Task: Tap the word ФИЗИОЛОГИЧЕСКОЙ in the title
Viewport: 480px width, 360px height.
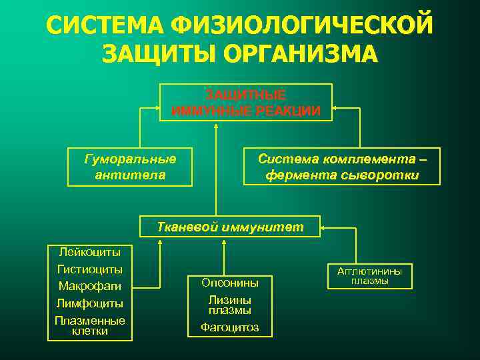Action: click(x=301, y=25)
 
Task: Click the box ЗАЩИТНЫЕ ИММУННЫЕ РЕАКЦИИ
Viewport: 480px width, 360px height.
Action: click(x=246, y=102)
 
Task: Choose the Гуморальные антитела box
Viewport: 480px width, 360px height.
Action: click(x=130, y=167)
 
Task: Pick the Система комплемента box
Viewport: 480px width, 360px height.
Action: click(x=341, y=167)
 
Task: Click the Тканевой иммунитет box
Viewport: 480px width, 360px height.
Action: click(x=229, y=227)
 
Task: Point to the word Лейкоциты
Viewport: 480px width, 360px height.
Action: click(x=90, y=253)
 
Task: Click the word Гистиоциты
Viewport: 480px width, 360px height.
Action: click(x=90, y=269)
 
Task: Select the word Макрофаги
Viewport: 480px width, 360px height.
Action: click(x=90, y=287)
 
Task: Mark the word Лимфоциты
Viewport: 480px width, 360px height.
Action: click(x=90, y=304)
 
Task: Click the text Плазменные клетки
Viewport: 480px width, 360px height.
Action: click(x=90, y=325)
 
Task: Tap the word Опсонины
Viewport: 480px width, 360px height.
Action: click(x=229, y=283)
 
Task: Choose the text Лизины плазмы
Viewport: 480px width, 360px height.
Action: click(x=229, y=305)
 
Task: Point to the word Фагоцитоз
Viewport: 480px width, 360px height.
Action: click(x=229, y=327)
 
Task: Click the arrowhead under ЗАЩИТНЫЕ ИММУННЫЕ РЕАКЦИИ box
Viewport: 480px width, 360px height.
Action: click(x=216, y=126)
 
